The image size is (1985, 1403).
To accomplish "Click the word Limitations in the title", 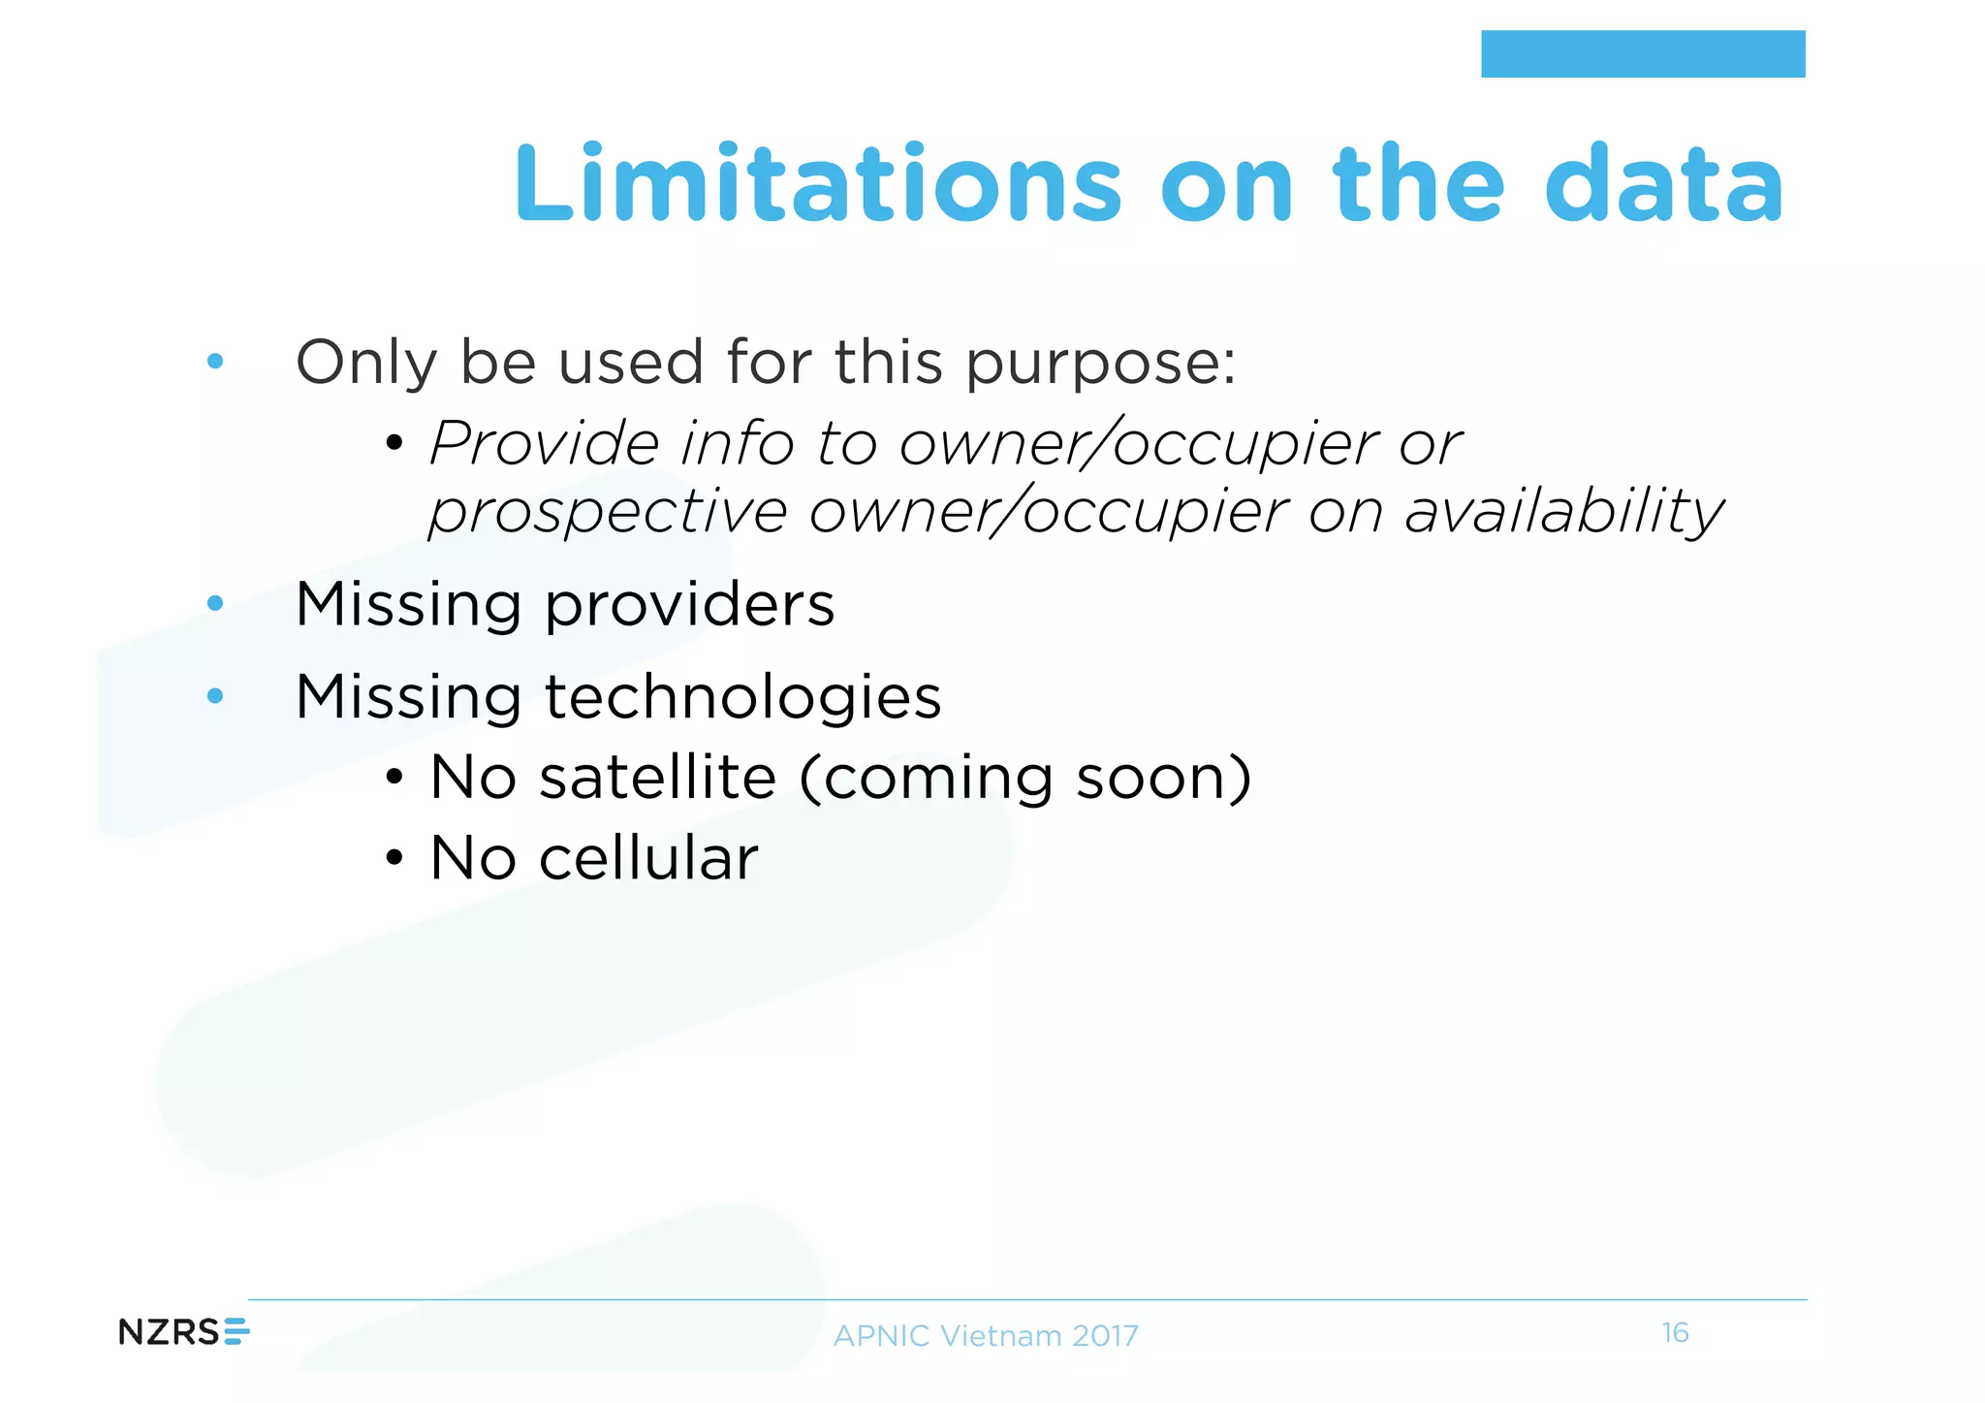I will click(x=817, y=184).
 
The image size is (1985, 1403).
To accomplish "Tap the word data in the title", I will click(x=1663, y=184).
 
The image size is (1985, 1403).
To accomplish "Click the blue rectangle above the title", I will click(x=1642, y=54).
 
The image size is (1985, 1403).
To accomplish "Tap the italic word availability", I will click(x=1563, y=512).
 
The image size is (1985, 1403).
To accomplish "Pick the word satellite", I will click(x=658, y=778).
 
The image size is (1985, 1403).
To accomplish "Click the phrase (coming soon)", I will click(x=1025, y=778).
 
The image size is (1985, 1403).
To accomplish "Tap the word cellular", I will click(x=647, y=858).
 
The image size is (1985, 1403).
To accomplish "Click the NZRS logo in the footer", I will click(x=183, y=1332).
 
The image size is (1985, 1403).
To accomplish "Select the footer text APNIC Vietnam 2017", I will click(x=986, y=1336).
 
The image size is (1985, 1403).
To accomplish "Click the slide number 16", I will click(x=1675, y=1333).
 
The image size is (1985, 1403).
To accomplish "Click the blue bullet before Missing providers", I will click(x=215, y=604).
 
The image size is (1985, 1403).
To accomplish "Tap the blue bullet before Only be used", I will click(x=215, y=362).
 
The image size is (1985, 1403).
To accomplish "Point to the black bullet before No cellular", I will click(x=393, y=858).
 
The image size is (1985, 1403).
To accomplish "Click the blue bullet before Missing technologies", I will click(x=215, y=695).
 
